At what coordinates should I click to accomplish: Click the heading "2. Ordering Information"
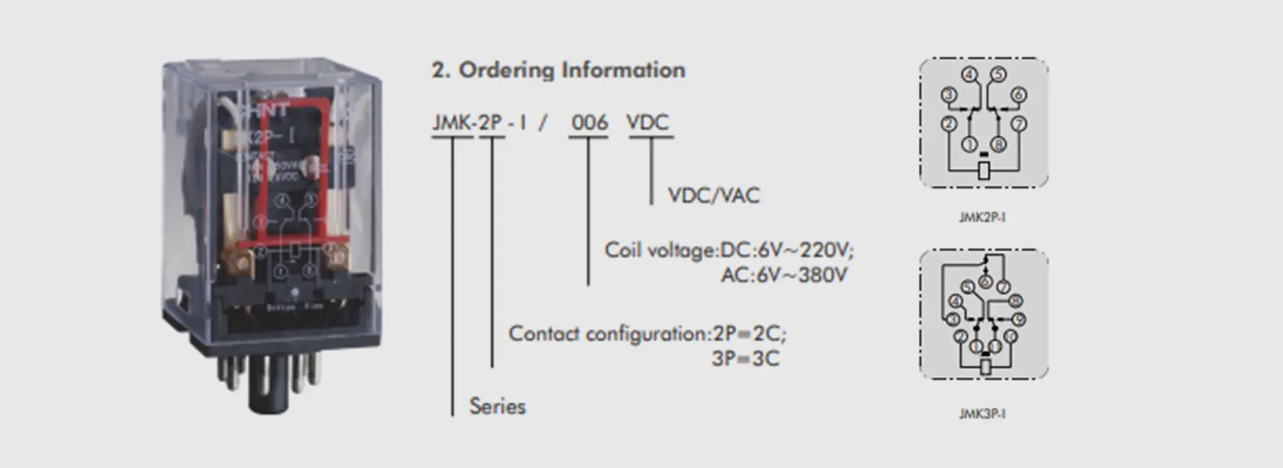(x=559, y=70)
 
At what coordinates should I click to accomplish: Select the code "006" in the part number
(x=589, y=122)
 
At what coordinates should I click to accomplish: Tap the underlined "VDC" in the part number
(x=647, y=122)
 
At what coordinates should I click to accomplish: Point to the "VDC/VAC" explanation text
(x=714, y=195)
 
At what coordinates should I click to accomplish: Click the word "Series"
(x=497, y=406)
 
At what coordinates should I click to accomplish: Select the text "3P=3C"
(x=745, y=358)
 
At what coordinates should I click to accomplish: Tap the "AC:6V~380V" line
(x=783, y=275)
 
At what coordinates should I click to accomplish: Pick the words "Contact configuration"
(x=606, y=333)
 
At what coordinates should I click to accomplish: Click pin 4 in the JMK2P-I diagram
(x=970, y=75)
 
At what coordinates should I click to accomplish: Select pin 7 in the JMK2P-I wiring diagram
(x=1018, y=124)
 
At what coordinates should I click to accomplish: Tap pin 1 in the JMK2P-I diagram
(x=970, y=144)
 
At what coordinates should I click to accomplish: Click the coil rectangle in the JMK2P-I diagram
(x=984, y=170)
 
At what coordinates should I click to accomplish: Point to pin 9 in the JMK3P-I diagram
(x=1018, y=320)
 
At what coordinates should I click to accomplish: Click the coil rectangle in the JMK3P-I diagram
(x=984, y=366)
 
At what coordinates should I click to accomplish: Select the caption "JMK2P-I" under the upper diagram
(x=982, y=217)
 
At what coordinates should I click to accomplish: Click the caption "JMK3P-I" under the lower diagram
(x=982, y=414)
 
